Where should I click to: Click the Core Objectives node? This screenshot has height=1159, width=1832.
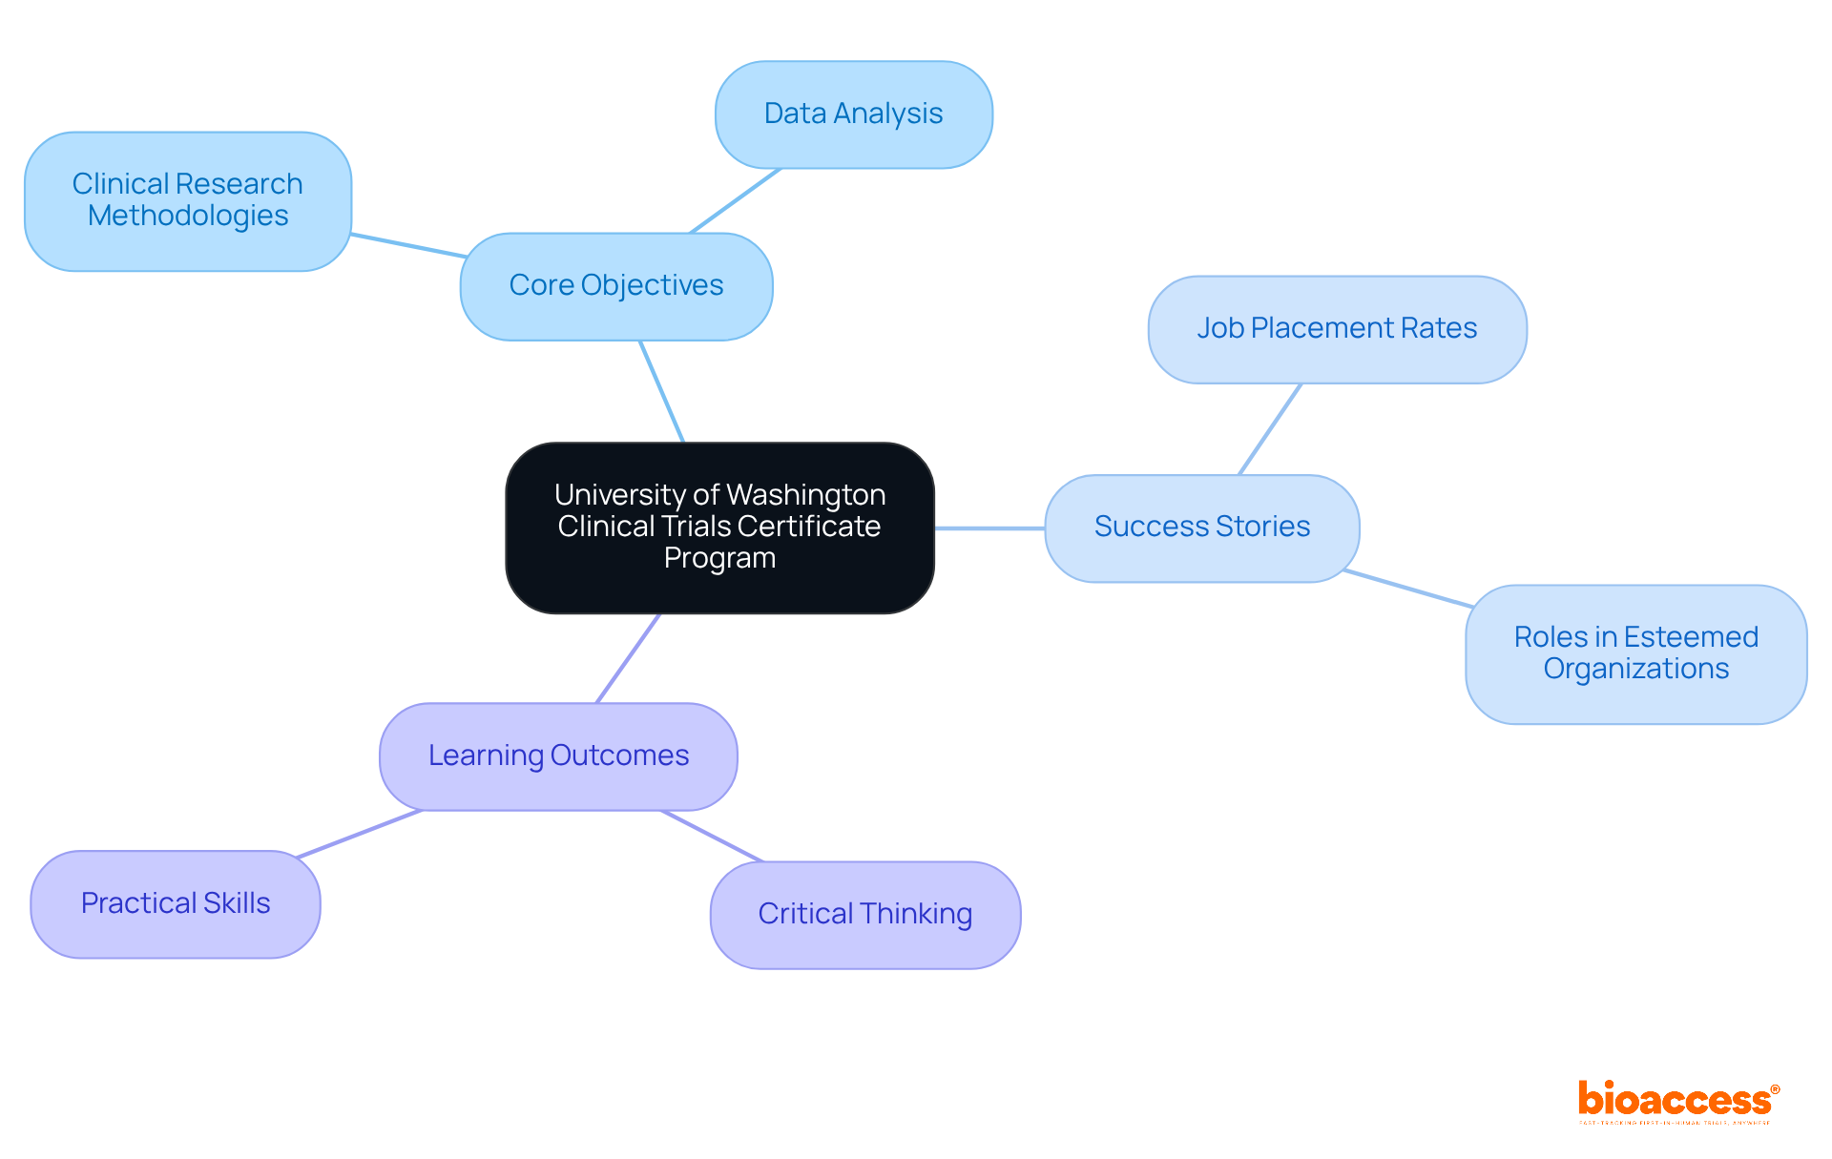tap(616, 286)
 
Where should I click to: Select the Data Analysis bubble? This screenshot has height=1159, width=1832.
tap(853, 114)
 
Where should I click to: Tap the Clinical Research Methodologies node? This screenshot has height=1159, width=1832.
tap(188, 200)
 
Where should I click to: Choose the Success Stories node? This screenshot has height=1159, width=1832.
tap(1201, 528)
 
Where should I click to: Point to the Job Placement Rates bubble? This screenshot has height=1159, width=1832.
tap(1337, 329)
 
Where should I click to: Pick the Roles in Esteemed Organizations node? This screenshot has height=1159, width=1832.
tap(1635, 653)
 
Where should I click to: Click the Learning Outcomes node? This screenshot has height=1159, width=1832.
tap(558, 756)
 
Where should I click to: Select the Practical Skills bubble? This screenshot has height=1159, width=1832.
tap(176, 903)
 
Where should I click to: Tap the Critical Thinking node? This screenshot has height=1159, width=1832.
tap(864, 915)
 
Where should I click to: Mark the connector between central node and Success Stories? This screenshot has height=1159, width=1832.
tap(989, 528)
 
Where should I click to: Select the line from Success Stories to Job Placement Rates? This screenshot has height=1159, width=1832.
tap(1270, 429)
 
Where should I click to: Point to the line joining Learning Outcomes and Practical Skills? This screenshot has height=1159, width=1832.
tap(360, 834)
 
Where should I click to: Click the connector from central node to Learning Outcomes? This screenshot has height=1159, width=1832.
tap(628, 658)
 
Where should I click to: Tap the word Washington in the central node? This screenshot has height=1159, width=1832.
tap(805, 495)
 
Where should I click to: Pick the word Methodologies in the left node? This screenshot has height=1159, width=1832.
tap(188, 217)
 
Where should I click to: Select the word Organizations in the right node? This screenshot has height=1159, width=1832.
tap(1635, 670)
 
